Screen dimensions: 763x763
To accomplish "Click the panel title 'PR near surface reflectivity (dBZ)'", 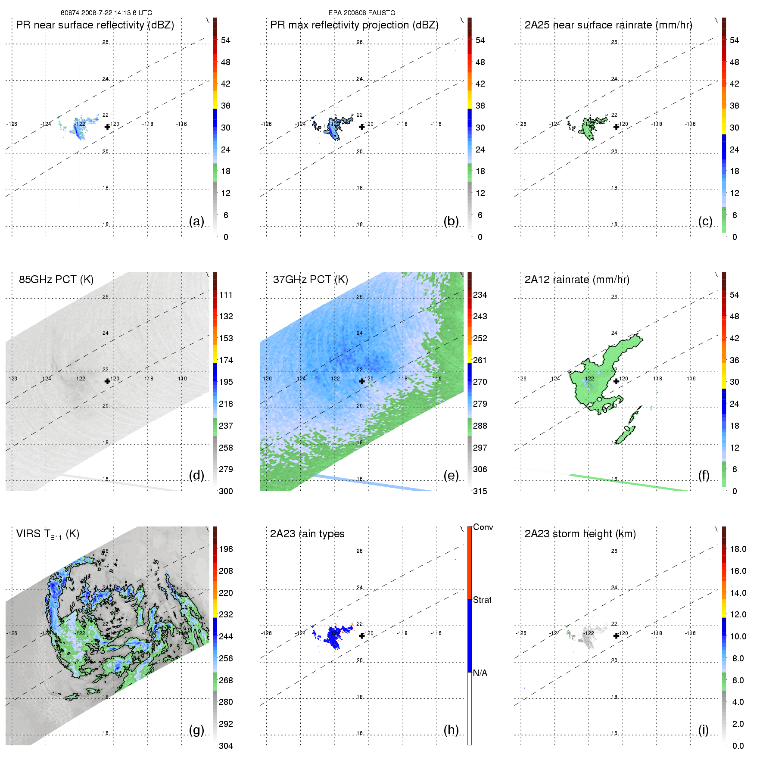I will pyautogui.click(x=95, y=25).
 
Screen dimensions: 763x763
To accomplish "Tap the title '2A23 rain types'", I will pyautogui.click(x=307, y=534).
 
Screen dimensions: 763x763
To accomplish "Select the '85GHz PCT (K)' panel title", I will pyautogui.click(x=56, y=280).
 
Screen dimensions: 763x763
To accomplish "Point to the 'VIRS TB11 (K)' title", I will pyautogui.click(x=47, y=534).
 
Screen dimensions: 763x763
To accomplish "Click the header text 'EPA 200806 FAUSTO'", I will pyautogui.click(x=362, y=13).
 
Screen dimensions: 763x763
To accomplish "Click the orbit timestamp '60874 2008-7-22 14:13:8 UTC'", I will pyautogui.click(x=106, y=13).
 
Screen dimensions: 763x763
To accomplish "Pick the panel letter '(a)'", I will pyautogui.click(x=196, y=221).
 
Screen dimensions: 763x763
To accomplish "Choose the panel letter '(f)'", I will pyautogui.click(x=704, y=475).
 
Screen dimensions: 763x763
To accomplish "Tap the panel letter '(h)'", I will pyautogui.click(x=451, y=730).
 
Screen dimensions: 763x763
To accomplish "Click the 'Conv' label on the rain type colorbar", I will pyautogui.click(x=483, y=527).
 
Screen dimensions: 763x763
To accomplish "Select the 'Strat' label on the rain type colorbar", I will pyautogui.click(x=482, y=600).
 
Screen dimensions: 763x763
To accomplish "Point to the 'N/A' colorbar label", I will pyautogui.click(x=480, y=673).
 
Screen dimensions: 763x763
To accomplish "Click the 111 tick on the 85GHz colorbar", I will pyautogui.click(x=226, y=295).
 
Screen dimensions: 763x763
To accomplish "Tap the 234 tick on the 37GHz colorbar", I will pyautogui.click(x=480, y=295).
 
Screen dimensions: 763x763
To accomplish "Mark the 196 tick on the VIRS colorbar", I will pyautogui.click(x=226, y=549).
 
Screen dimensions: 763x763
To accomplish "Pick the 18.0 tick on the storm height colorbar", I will pyautogui.click(x=738, y=549).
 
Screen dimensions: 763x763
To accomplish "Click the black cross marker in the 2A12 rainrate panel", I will pyautogui.click(x=616, y=381).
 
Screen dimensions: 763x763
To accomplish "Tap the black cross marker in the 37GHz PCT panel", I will pyautogui.click(x=362, y=381).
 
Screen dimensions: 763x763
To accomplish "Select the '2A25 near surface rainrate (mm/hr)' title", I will pyautogui.click(x=608, y=25).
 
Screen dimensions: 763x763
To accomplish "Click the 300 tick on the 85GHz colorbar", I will pyautogui.click(x=226, y=491).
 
